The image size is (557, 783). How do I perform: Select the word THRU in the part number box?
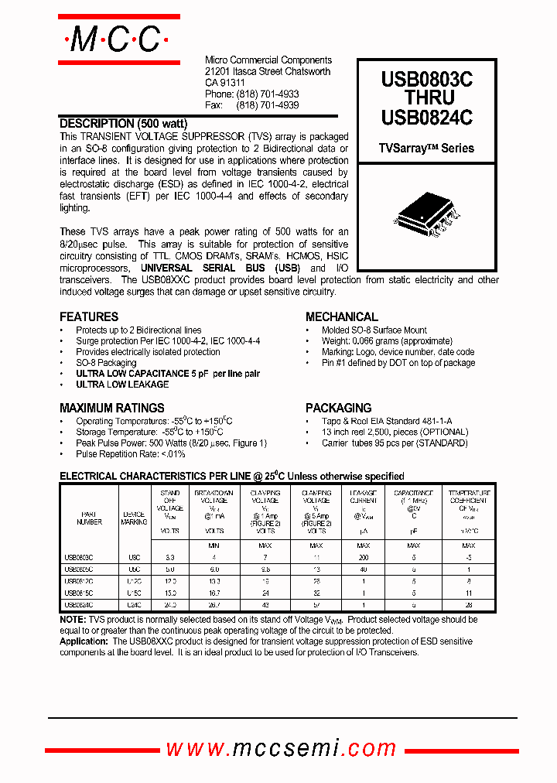click(x=426, y=98)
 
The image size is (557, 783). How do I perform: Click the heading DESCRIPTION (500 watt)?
click(x=124, y=123)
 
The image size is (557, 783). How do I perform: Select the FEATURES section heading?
click(x=89, y=316)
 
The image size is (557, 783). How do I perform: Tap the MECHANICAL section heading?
click(x=342, y=316)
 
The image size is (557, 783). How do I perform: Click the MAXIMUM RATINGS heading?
click(x=112, y=408)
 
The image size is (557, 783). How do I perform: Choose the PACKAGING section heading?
click(x=339, y=408)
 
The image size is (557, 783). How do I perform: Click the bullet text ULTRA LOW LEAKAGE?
click(x=122, y=385)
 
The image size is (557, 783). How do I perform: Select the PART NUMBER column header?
click(x=89, y=518)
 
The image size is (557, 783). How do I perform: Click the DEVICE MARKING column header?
click(x=134, y=518)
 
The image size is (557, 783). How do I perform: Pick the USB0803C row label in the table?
click(x=79, y=557)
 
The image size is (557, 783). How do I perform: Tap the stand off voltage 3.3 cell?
click(x=170, y=557)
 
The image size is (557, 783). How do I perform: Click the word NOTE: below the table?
click(x=73, y=620)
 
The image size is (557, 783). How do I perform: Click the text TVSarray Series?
click(x=426, y=148)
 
